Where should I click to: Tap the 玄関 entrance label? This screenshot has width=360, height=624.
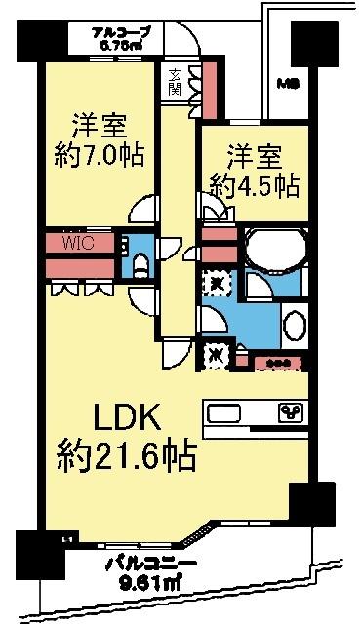pos(176,81)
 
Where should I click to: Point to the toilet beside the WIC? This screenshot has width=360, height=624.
pos(140,262)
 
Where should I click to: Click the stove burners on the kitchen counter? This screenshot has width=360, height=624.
pos(290,410)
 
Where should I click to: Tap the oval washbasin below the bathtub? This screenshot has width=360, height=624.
pos(294,325)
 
